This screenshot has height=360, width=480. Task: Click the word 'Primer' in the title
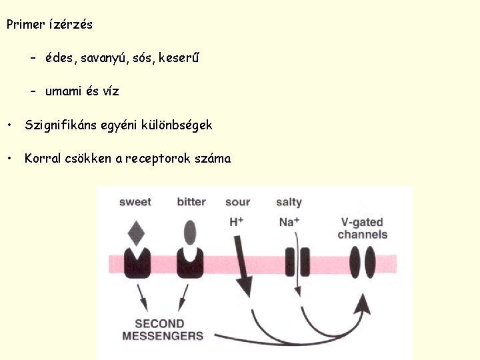point(25,25)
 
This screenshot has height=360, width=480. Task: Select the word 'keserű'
point(179,58)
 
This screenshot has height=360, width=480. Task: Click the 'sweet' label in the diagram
point(135,202)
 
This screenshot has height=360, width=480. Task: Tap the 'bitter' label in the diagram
point(191,202)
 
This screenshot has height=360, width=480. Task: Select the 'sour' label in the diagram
point(237,202)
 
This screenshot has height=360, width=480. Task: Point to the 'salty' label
point(289,202)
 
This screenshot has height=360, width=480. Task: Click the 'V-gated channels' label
point(363,229)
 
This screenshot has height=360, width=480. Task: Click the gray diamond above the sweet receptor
point(136,234)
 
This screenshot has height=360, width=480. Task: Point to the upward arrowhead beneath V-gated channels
point(363,305)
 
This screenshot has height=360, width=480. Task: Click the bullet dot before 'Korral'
point(9,159)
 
